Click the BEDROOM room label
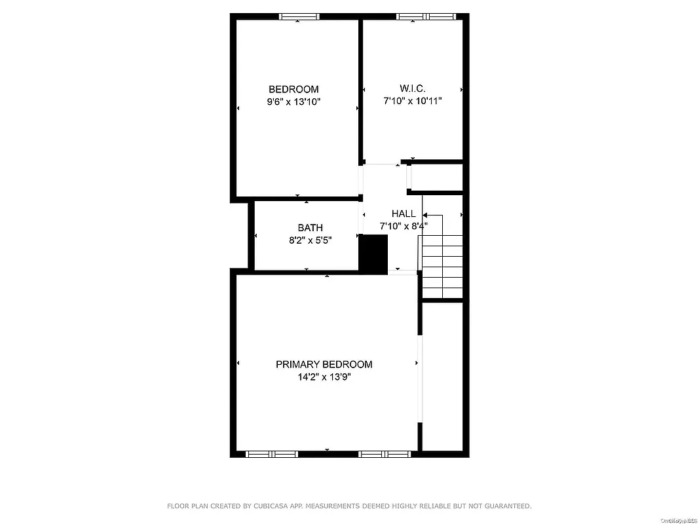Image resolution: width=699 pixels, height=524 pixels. pos(293,89)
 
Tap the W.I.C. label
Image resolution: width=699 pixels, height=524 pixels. pos(413,88)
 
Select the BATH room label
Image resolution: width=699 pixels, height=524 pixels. pos(310,228)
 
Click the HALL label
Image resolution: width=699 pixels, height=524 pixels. pos(404,214)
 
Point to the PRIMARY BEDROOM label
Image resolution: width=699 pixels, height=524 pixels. pos(324,364)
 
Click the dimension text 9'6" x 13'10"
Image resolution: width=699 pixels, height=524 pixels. pos(293,102)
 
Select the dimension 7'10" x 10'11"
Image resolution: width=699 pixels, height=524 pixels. pos(413,101)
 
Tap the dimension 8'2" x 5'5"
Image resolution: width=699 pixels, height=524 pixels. pos(310,240)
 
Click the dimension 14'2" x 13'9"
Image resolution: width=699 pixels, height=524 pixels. pos(324,377)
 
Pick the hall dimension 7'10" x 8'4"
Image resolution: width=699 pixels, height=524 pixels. pos(404,226)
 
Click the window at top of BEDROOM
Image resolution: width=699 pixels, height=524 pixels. pos(299,16)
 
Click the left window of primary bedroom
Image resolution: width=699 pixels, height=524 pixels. pos(271,453)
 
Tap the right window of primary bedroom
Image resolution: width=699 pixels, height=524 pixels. pos(385,453)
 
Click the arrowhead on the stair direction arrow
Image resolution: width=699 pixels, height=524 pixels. pos(425,215)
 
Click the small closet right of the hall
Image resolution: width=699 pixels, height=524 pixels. pos(437,178)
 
